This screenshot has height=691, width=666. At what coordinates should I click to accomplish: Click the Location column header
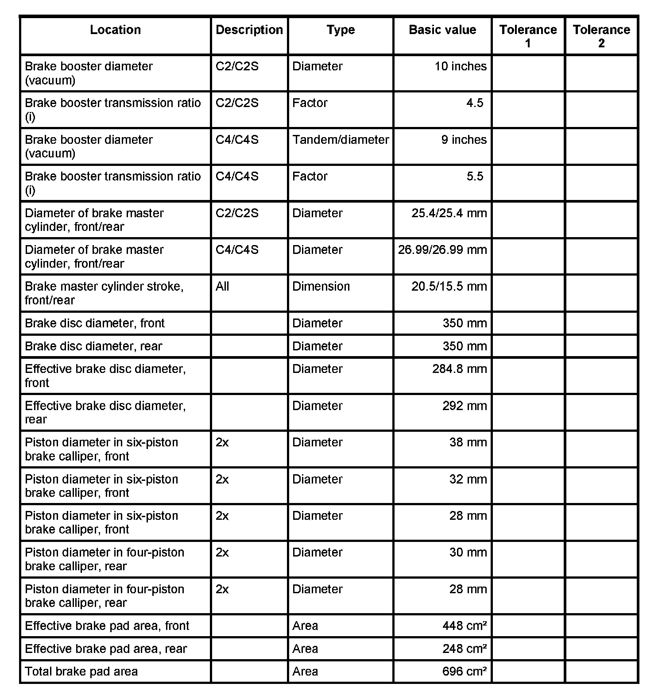115,30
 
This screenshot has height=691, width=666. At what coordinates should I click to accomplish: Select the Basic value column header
442,30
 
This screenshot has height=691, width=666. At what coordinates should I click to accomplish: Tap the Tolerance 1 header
528,36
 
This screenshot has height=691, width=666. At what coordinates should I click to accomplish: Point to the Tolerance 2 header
601,36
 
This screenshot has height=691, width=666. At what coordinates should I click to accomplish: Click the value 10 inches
460,66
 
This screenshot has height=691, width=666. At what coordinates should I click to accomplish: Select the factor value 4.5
474,103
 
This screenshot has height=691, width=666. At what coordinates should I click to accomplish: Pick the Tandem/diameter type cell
341,140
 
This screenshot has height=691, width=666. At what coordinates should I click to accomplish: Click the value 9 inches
464,140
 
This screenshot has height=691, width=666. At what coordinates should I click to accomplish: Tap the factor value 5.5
474,177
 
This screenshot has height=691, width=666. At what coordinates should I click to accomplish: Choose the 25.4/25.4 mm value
449,213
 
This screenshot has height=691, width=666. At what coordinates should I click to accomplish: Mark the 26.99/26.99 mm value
442,250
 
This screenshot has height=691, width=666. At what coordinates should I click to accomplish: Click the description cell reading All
222,287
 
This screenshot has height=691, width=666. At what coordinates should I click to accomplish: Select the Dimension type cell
321,287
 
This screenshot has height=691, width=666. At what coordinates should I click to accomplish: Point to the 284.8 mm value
459,369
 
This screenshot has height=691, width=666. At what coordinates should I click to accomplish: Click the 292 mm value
465,406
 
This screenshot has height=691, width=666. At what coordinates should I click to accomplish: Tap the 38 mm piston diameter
468,442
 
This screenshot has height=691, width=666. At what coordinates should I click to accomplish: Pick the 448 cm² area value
465,626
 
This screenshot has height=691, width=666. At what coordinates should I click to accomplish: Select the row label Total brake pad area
81,672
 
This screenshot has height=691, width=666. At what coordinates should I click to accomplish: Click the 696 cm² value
465,672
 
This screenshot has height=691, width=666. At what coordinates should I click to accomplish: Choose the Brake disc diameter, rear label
93,346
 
